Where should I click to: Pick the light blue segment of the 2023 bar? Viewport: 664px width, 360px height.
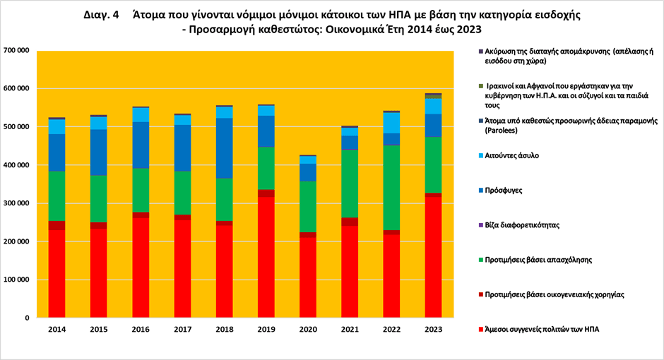click(433, 106)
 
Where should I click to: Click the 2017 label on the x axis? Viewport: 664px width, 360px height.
click(183, 330)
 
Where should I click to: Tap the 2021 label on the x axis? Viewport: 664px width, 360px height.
click(350, 330)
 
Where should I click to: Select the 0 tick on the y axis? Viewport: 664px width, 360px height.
click(26, 318)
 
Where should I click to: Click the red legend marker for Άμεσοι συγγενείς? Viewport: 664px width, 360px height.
click(481, 330)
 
